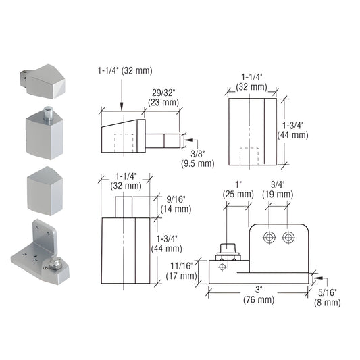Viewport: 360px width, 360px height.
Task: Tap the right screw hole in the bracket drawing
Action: click(289, 237)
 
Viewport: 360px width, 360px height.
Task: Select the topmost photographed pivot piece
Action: click(44, 80)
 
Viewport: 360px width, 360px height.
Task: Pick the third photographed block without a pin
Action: click(45, 190)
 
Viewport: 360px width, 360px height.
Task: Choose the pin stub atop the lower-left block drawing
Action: click(123, 205)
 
